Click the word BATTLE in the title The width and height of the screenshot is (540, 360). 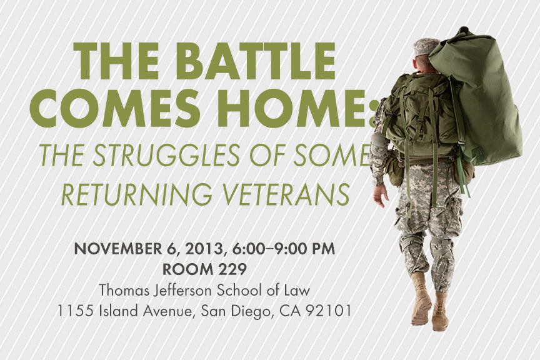[x=257, y=61]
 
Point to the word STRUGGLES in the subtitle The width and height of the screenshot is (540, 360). [x=166, y=155]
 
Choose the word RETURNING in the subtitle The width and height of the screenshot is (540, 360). [x=137, y=194]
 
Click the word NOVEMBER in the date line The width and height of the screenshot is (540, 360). [x=117, y=249]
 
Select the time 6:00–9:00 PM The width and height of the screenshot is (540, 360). [x=283, y=249]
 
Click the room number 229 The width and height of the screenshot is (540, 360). [x=232, y=269]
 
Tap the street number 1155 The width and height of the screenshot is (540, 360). [x=75, y=311]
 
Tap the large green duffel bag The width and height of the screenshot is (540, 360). [x=477, y=93]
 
